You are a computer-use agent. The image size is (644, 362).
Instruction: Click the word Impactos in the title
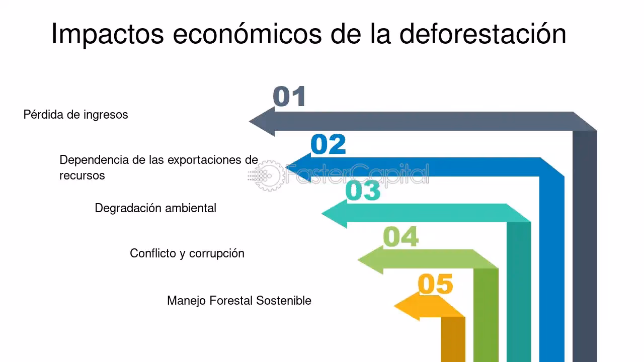click(108, 35)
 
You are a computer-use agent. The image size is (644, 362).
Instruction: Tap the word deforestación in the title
click(483, 34)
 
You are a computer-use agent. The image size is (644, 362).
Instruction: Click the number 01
click(289, 97)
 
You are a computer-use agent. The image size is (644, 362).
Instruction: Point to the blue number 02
click(329, 145)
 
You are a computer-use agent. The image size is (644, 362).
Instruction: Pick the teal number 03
click(363, 191)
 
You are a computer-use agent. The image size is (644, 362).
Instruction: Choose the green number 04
click(400, 237)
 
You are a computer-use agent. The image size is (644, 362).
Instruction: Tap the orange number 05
click(435, 284)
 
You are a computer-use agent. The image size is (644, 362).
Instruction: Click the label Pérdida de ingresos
click(75, 115)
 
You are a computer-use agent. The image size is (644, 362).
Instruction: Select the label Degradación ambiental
click(155, 208)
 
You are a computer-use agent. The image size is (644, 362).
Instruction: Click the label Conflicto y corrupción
click(187, 253)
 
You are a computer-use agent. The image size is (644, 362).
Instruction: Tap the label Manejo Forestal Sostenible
click(239, 301)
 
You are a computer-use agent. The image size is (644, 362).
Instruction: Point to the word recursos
click(82, 175)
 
